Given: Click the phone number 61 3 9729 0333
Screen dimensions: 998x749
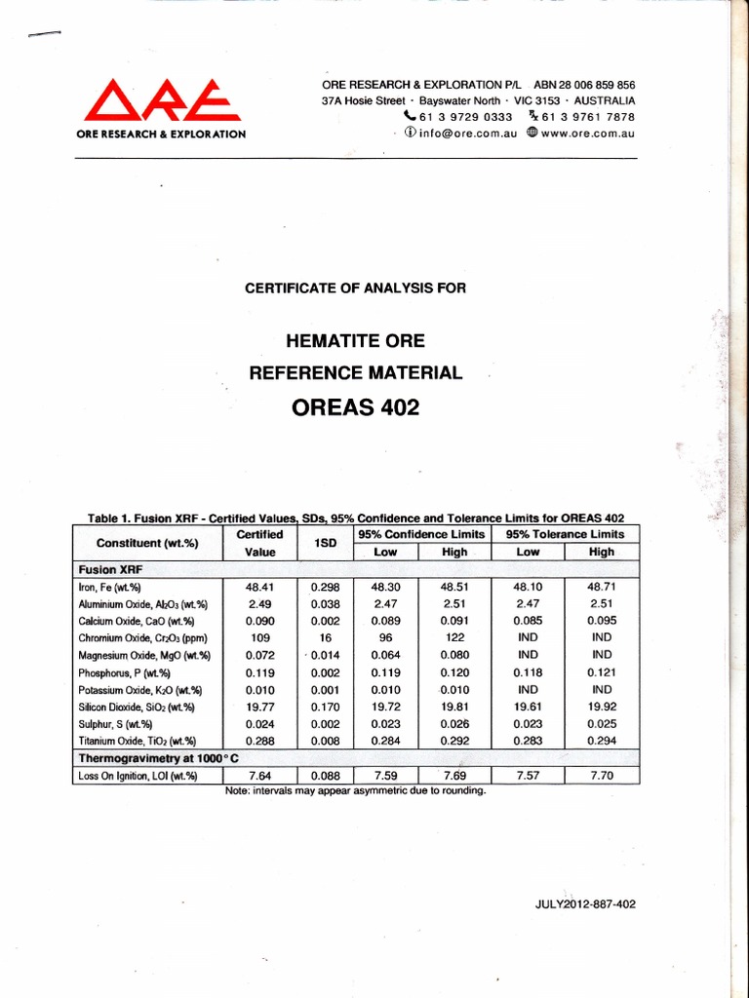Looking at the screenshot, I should (x=465, y=116).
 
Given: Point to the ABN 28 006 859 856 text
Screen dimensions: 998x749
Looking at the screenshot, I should (x=584, y=85).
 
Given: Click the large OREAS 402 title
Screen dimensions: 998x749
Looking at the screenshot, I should (x=355, y=407).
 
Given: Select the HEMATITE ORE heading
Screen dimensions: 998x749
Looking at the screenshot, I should (x=355, y=341).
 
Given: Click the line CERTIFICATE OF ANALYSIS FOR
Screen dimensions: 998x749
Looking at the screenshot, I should (x=355, y=288).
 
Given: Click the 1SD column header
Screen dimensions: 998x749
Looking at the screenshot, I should (x=326, y=543).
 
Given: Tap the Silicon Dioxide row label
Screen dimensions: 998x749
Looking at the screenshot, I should (x=137, y=708).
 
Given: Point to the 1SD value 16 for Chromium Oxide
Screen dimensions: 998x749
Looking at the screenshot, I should (x=326, y=638).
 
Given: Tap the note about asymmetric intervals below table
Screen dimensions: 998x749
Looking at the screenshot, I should (x=355, y=790).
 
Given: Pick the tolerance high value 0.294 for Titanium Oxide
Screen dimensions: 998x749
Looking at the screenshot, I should (x=602, y=742).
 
